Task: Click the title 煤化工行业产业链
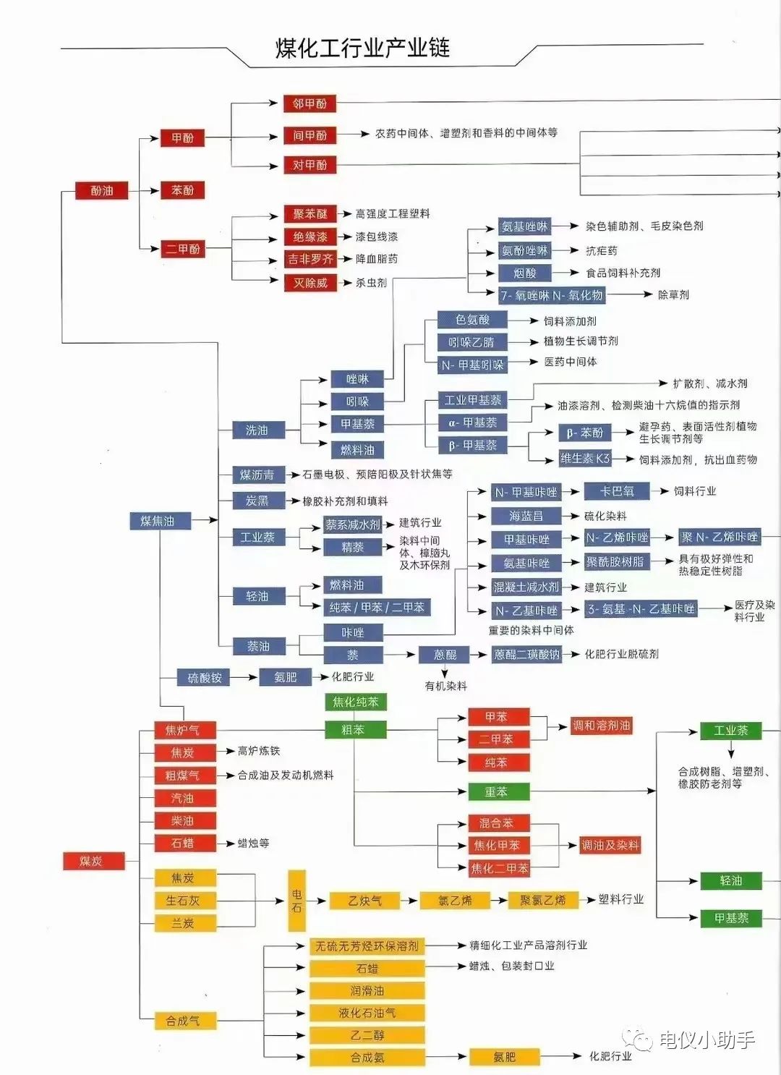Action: (362, 48)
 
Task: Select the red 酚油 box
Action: (102, 191)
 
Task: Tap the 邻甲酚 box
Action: (310, 103)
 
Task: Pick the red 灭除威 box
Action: (310, 283)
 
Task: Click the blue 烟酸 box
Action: (525, 273)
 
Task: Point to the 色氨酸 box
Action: (472, 320)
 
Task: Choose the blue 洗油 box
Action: (257, 430)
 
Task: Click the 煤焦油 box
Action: (157, 521)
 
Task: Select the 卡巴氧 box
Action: (617, 491)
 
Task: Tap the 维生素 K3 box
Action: (585, 459)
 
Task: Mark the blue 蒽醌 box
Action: (445, 655)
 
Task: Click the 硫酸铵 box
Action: (205, 678)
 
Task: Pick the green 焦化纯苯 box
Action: (355, 702)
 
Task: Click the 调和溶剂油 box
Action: (602, 726)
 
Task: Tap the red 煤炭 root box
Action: (92, 861)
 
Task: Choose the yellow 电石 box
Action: (296, 900)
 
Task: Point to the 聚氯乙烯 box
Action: (542, 901)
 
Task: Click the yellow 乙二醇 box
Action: (367, 1035)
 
